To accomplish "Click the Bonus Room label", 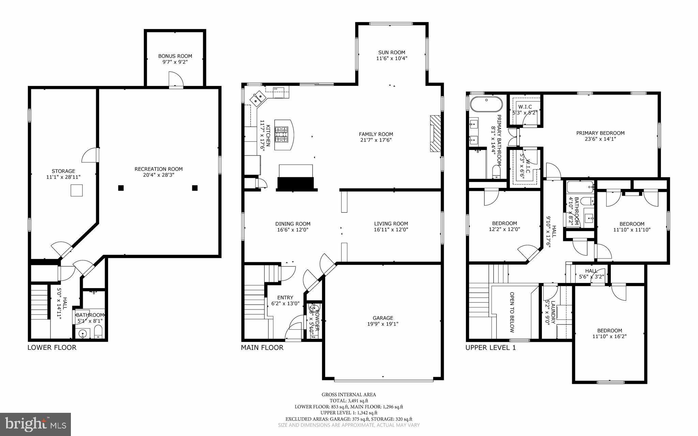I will click(x=175, y=56).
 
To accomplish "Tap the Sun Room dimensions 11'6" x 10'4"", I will click(x=392, y=58).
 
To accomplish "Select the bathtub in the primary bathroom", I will click(x=486, y=104).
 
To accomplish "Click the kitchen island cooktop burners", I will click(x=282, y=134).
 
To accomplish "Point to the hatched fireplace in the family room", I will click(x=435, y=133).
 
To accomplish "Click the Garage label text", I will click(x=383, y=318).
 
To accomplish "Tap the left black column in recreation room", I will click(x=121, y=187).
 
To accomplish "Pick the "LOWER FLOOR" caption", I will click(x=52, y=347).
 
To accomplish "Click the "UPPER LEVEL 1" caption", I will click(x=490, y=347).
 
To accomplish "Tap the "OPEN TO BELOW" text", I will click(x=512, y=312).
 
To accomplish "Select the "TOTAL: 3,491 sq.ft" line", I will click(x=349, y=401).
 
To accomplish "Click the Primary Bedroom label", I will click(x=600, y=133).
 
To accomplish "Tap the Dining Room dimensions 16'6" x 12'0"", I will click(x=293, y=230).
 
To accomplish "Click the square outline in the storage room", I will click(x=77, y=190).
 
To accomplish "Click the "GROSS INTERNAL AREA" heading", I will click(x=349, y=394).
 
